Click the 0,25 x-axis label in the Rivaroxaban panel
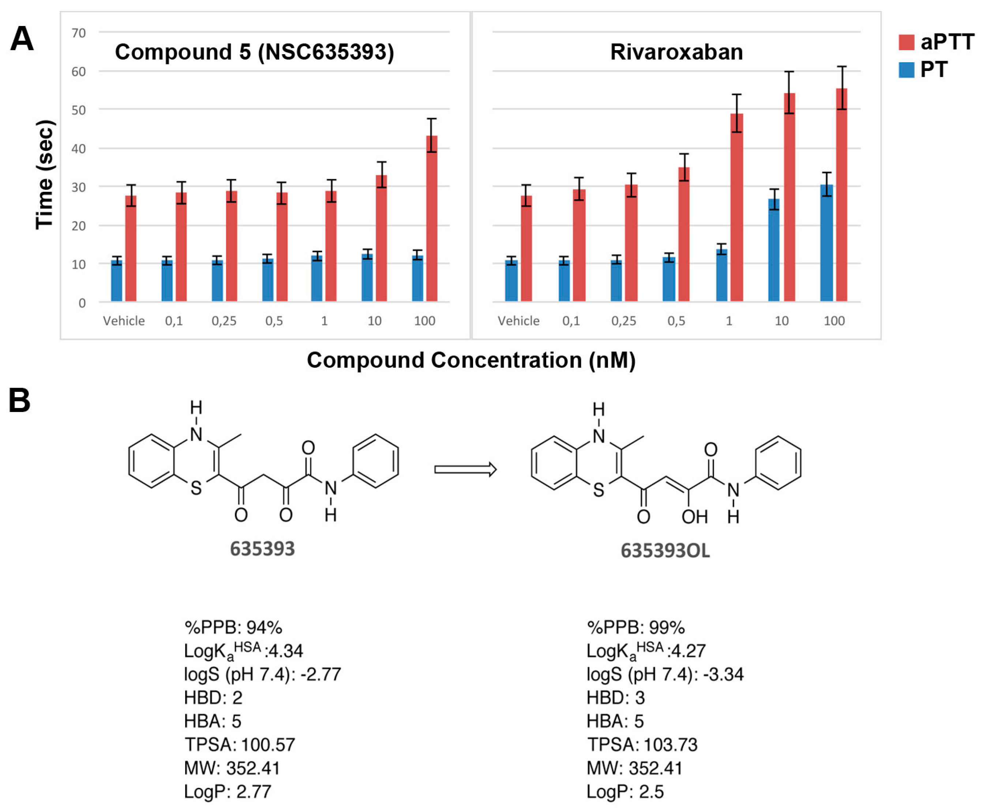click(623, 321)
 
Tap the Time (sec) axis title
click(45, 175)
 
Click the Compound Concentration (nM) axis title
click(471, 360)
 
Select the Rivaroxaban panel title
click(676, 52)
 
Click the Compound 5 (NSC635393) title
click(254, 52)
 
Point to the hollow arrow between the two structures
click(465, 469)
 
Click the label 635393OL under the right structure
click(665, 550)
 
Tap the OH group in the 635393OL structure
click(694, 517)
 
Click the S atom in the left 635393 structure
click(196, 488)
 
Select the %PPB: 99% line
click(636, 627)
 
